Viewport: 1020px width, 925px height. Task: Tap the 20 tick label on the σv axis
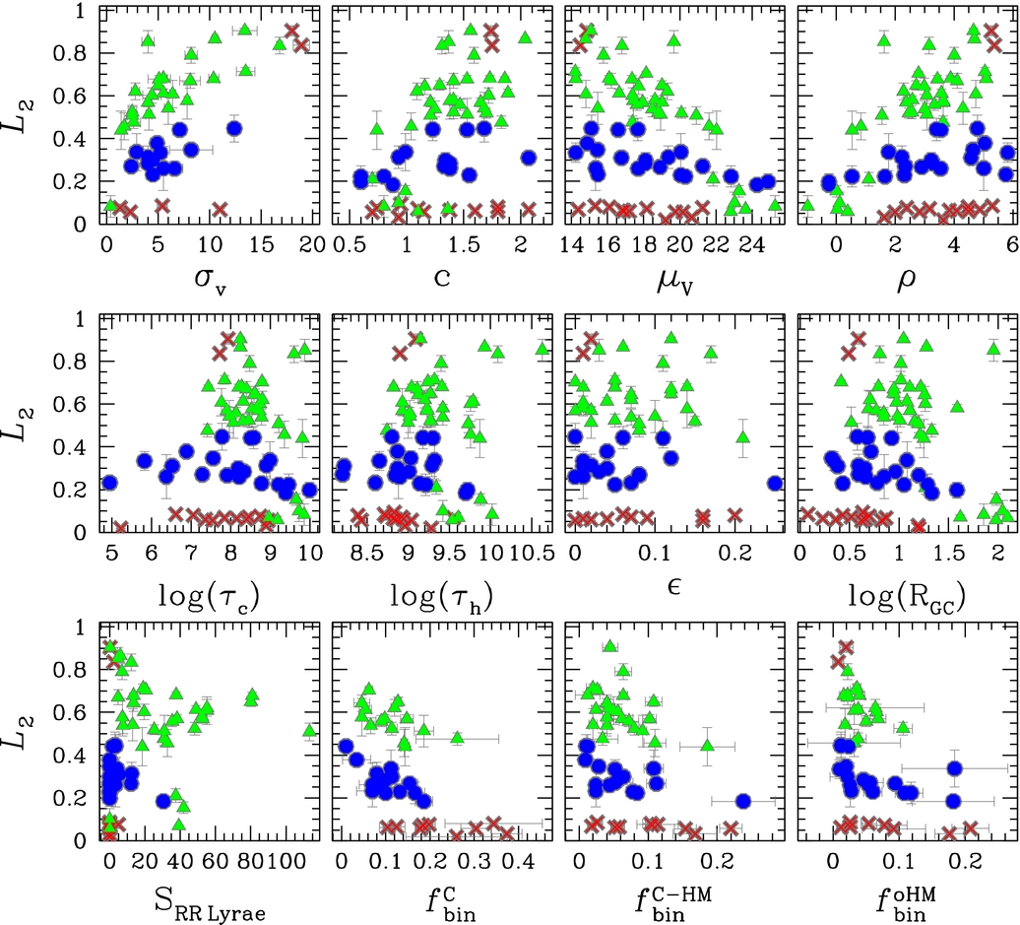[310, 243]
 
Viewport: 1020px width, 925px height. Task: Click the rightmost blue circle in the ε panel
[776, 483]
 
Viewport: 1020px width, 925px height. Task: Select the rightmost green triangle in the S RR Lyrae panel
[310, 731]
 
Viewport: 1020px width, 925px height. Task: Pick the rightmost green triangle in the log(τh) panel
[542, 348]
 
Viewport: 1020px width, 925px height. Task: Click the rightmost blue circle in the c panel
[529, 158]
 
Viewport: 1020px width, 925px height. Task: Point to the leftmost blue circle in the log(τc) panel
[109, 483]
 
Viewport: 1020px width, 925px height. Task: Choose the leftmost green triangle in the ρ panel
[808, 205]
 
